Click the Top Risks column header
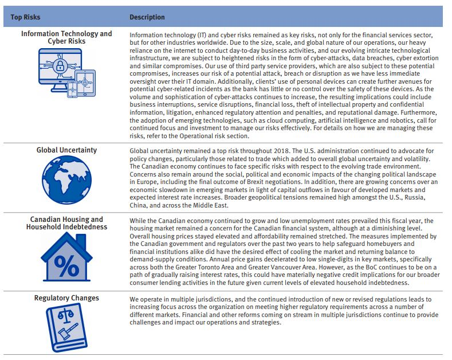(25, 17)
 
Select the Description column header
(147, 17)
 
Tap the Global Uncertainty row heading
(66, 150)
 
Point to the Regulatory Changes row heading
(66, 298)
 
